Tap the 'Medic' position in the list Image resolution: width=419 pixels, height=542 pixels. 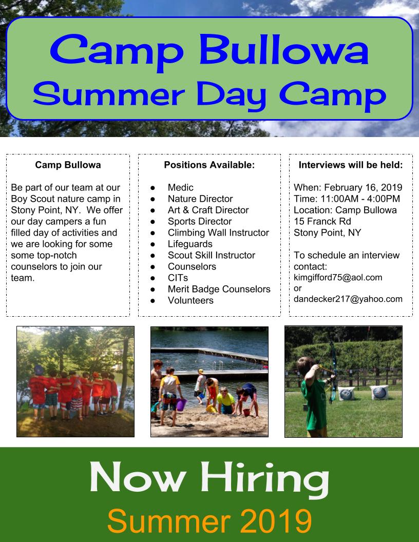point(180,187)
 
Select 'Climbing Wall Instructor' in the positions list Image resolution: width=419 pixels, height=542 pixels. point(218,233)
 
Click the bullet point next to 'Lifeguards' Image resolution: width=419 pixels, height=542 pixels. point(153,244)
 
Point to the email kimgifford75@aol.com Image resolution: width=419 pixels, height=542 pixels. point(338,278)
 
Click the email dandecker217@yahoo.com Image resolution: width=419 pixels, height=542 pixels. point(348,299)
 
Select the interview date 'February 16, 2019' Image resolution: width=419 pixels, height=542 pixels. point(363,187)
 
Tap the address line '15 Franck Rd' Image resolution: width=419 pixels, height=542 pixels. point(322,221)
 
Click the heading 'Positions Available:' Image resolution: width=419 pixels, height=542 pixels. point(209,165)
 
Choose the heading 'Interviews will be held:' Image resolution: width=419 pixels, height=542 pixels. point(351,165)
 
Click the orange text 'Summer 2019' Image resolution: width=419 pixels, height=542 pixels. point(209,520)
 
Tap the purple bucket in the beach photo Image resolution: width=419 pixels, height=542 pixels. point(181,404)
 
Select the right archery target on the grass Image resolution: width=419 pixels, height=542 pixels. point(379,393)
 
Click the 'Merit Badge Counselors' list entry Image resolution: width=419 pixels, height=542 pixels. point(219,289)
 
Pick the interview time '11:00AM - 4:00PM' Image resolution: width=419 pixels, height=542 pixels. point(360,199)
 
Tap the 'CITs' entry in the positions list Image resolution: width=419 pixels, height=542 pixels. point(178,278)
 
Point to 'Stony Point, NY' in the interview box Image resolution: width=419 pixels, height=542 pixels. point(327,233)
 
